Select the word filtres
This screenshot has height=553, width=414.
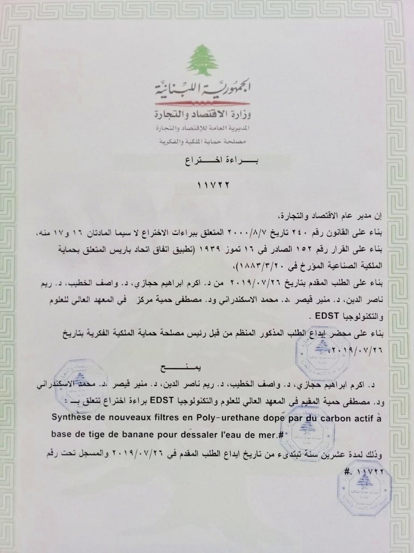coord(177,416)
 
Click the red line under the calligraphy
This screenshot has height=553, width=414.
coord(202,102)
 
